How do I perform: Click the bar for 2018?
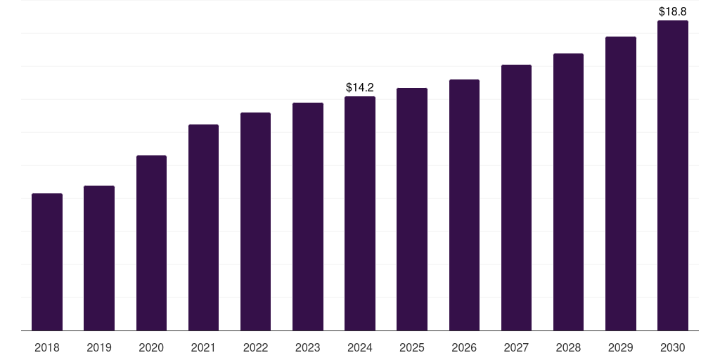(47, 262)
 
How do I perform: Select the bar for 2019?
(99, 258)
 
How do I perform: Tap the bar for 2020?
(151, 243)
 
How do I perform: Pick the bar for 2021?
(203, 227)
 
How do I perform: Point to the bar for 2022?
(255, 221)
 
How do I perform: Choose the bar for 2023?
(308, 217)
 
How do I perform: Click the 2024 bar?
(360, 213)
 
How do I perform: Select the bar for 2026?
(464, 205)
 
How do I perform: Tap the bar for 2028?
(568, 192)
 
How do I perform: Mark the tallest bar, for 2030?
(672, 175)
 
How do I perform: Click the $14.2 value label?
(360, 88)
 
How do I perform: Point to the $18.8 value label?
(672, 12)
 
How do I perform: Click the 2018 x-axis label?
(47, 347)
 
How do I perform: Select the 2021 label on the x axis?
(203, 347)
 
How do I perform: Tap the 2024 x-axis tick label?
(360, 347)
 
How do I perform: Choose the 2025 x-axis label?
(412, 347)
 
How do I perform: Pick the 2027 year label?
(516, 347)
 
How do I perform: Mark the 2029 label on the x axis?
(620, 347)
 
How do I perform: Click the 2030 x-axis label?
(672, 347)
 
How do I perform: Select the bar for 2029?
(620, 184)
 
